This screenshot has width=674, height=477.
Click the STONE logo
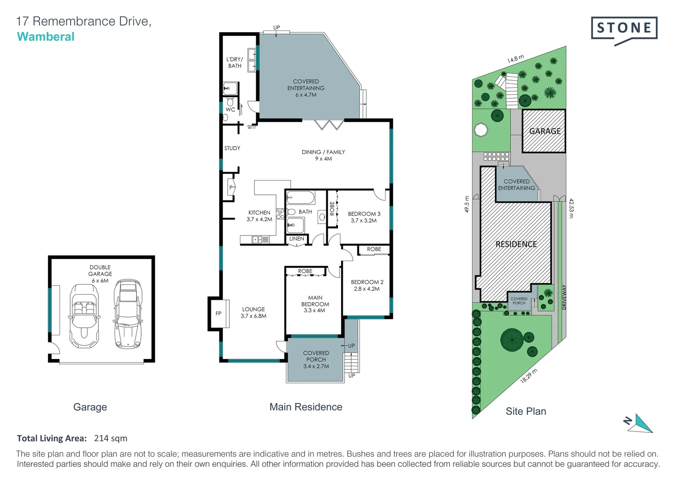(x=624, y=29)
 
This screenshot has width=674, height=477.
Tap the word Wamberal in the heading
(x=45, y=37)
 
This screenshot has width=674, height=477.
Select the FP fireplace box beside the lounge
(x=218, y=314)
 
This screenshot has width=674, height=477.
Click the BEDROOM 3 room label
(x=364, y=217)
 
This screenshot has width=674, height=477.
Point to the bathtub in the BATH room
(x=300, y=197)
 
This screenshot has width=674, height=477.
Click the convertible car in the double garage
(x=84, y=316)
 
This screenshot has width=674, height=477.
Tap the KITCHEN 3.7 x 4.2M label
(x=259, y=216)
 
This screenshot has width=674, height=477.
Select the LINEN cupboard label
(x=296, y=239)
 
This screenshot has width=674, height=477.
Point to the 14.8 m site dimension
(x=515, y=59)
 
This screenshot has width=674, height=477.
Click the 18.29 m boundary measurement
(x=528, y=376)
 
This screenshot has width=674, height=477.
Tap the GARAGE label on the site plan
(x=545, y=131)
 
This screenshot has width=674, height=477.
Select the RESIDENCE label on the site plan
(x=516, y=244)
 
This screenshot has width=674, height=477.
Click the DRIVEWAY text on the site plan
(x=564, y=297)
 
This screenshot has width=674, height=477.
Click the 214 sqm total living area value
(x=111, y=438)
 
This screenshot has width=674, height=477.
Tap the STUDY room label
(x=232, y=148)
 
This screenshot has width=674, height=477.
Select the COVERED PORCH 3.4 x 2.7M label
(x=316, y=360)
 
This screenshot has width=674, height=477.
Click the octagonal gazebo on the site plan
(x=481, y=130)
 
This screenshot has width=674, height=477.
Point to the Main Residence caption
(x=306, y=407)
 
